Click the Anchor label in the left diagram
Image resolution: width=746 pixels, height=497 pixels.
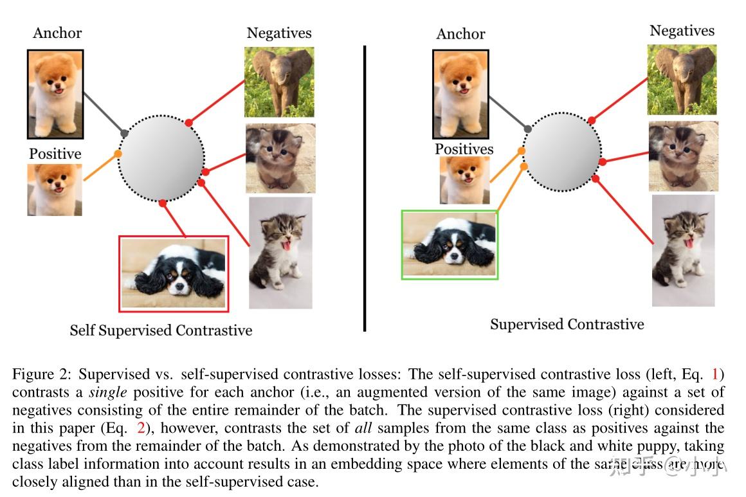click(57, 33)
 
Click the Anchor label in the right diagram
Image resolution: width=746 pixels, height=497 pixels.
click(460, 33)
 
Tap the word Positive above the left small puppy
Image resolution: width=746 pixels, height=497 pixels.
click(55, 154)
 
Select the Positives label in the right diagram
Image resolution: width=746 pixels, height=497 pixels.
click(464, 149)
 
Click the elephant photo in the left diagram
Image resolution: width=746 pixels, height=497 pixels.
click(279, 81)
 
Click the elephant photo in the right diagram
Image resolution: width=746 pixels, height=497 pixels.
click(682, 80)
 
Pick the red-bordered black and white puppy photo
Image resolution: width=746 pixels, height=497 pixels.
click(174, 273)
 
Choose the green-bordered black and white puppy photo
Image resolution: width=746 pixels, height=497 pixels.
click(450, 245)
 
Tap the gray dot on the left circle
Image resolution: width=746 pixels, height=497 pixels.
click(124, 133)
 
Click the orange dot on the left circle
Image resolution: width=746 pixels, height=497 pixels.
click(118, 154)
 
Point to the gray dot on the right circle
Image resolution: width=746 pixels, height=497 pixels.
click(528, 129)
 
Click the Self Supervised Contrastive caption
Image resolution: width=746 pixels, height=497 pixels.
click(161, 330)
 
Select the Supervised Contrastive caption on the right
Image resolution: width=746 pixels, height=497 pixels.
click(567, 324)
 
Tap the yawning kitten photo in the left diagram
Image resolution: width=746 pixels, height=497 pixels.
click(280, 253)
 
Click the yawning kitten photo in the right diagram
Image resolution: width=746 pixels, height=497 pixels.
click(683, 250)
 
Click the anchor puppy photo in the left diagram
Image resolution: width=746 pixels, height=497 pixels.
click(55, 94)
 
